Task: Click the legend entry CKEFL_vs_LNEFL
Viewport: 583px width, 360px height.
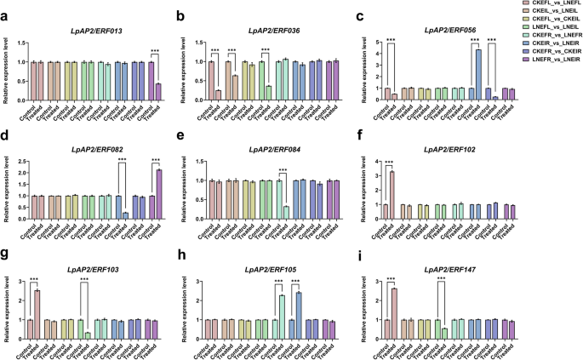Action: click(x=551, y=5)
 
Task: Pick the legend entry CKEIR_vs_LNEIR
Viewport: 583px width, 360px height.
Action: click(x=551, y=62)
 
